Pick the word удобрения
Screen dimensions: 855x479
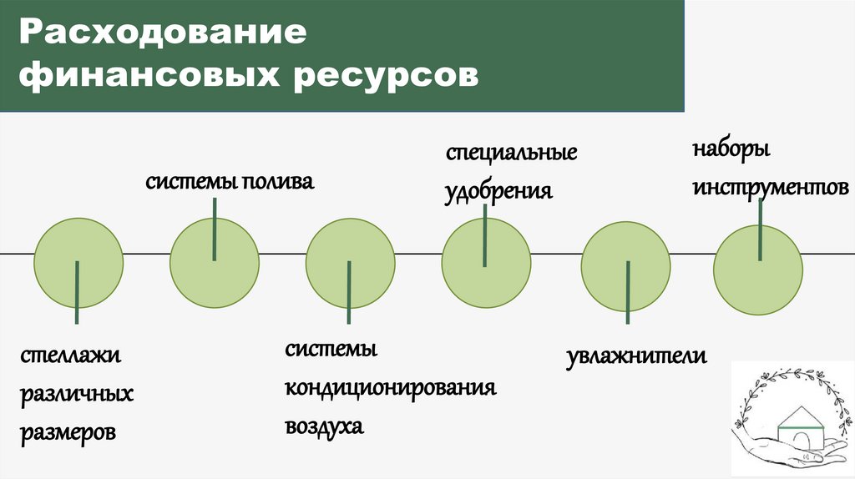(x=498, y=190)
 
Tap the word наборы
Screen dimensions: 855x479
(x=731, y=153)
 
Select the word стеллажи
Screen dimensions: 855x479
(x=72, y=355)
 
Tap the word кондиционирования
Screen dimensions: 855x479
(x=391, y=389)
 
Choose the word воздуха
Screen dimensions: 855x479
(x=325, y=426)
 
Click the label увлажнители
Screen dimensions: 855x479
(x=637, y=357)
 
